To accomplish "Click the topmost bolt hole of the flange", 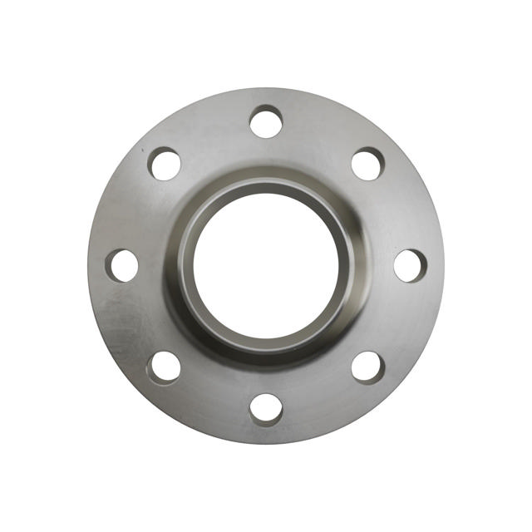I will click(266, 121).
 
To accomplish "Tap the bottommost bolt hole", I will click(266, 409).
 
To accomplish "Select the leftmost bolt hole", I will click(122, 265).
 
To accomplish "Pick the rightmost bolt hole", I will click(410, 265).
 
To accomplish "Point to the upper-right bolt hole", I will click(367, 163).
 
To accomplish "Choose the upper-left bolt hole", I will click(165, 163).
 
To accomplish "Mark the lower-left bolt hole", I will click(165, 367).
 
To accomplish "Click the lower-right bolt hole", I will click(367, 367).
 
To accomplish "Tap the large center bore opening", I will click(266, 264).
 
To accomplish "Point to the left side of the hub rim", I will click(185, 264).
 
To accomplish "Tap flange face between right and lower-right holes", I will click(399, 321).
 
